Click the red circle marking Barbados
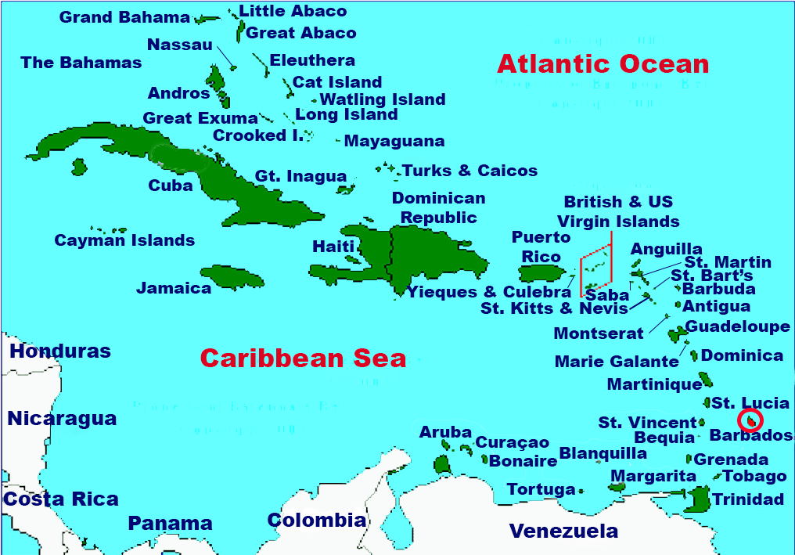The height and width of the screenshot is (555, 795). (x=750, y=420)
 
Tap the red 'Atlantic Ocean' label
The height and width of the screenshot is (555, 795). (x=603, y=63)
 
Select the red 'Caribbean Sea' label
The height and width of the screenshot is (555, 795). (x=303, y=358)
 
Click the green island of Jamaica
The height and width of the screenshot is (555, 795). (x=229, y=276)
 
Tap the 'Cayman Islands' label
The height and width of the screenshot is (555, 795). (x=124, y=240)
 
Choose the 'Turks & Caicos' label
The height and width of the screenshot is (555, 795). (x=469, y=171)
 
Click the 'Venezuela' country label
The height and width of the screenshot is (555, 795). (x=563, y=531)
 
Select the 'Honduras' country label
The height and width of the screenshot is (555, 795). (x=60, y=351)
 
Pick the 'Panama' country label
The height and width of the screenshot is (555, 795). (x=170, y=523)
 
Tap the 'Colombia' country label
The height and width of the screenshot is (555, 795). (x=316, y=520)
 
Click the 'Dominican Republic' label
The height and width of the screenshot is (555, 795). (x=438, y=207)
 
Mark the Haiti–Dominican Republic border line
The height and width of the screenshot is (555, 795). (x=390, y=258)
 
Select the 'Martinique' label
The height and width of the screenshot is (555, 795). (x=654, y=384)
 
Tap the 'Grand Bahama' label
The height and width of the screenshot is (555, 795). (x=124, y=17)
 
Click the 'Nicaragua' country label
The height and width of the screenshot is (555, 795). (x=62, y=419)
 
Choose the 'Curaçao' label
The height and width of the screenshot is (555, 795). (x=513, y=443)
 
